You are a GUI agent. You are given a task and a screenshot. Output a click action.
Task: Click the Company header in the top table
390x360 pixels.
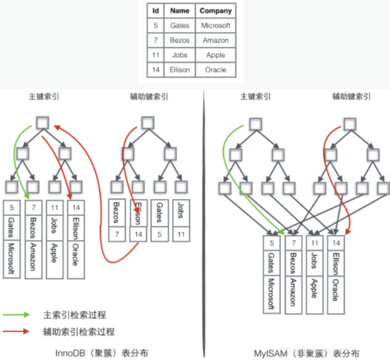[216, 11]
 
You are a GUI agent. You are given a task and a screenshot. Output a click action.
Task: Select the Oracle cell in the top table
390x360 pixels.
[216, 69]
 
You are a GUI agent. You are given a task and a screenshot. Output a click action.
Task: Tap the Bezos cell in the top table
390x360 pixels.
[180, 40]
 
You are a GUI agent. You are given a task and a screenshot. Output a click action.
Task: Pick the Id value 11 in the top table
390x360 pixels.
[156, 55]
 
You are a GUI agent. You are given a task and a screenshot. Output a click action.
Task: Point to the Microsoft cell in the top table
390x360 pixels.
[216, 26]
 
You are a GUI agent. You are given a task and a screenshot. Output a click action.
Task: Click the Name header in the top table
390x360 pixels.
[180, 11]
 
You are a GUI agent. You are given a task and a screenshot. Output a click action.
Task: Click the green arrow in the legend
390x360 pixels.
[17, 315]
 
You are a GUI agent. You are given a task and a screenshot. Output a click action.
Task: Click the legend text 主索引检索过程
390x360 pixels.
[72, 315]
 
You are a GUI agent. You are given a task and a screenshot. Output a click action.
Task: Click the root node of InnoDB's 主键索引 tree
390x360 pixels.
[42, 122]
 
